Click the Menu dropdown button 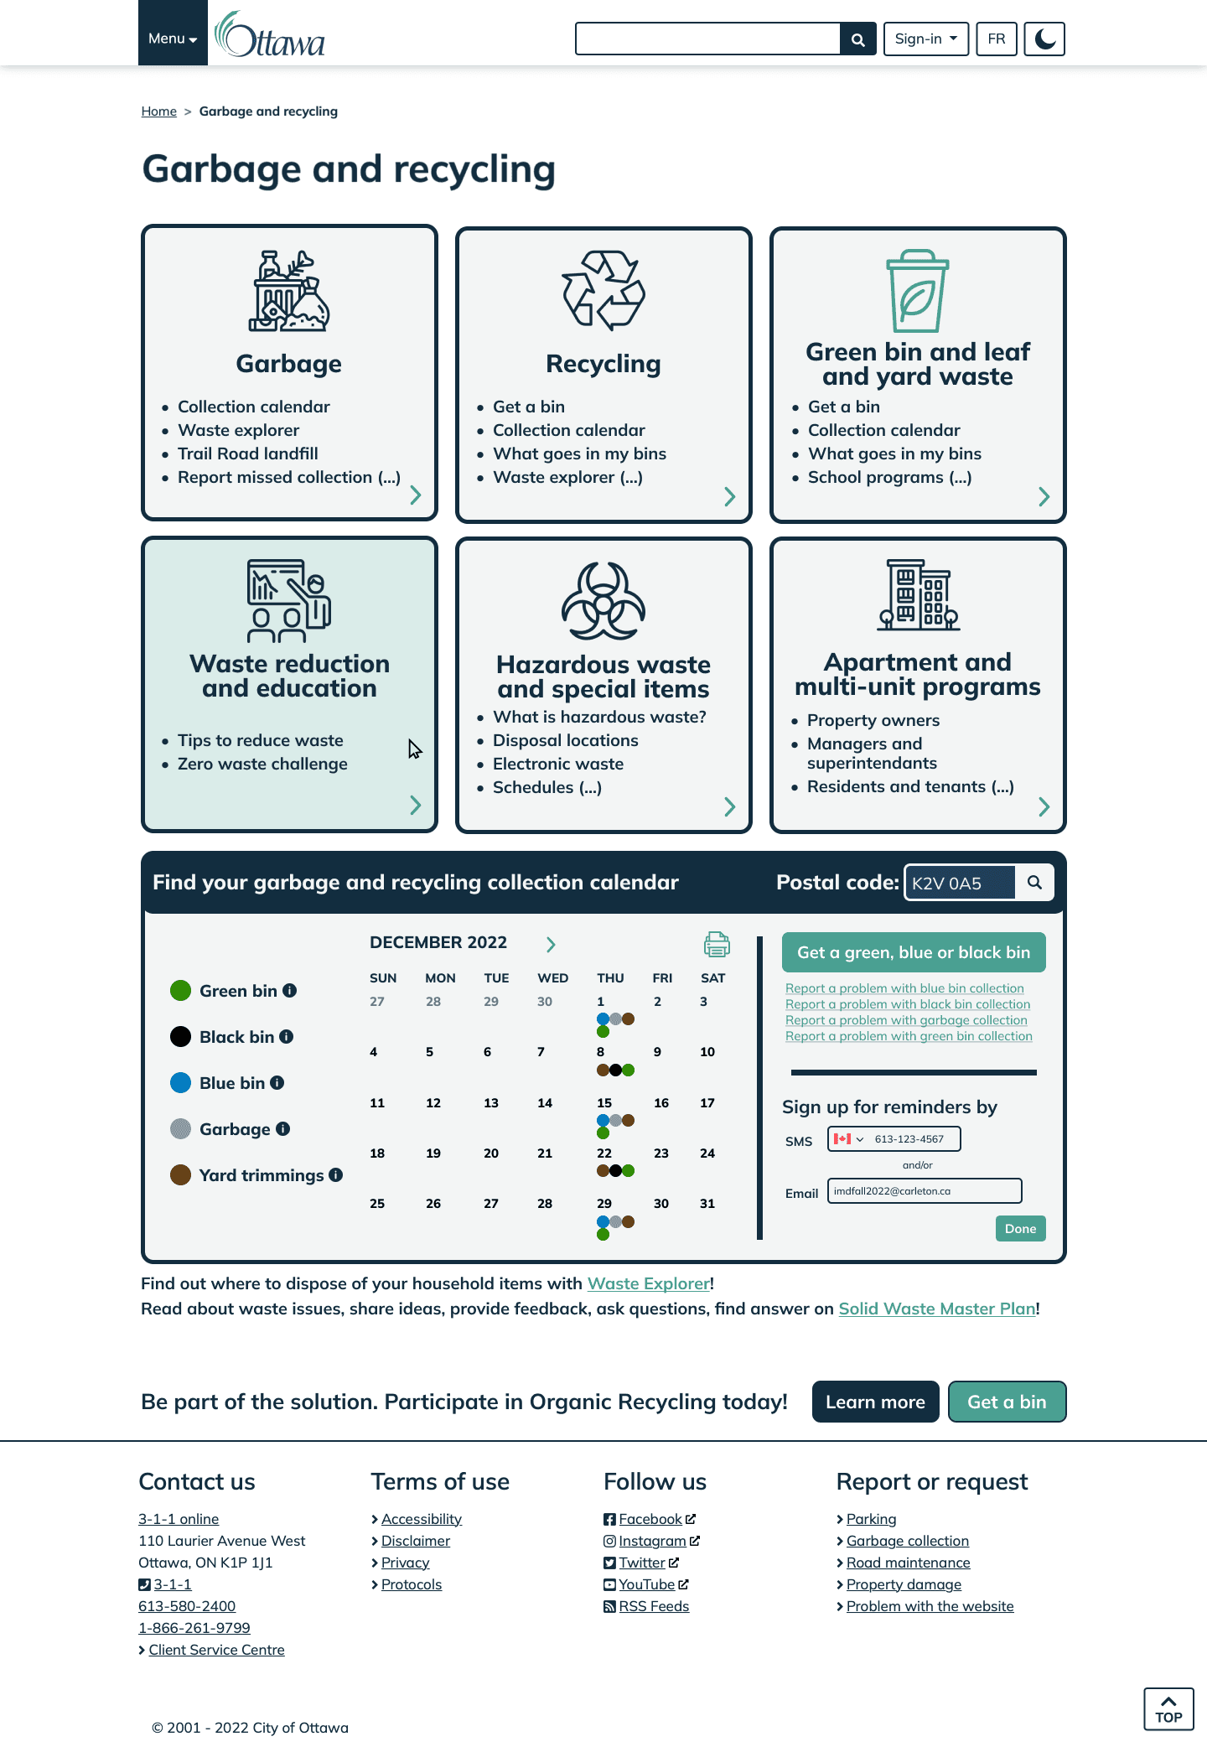point(173,39)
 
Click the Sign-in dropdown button point(925,39)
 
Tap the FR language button point(996,39)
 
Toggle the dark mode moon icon point(1044,39)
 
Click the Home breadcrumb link point(158,111)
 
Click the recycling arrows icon point(603,289)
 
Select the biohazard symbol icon point(603,601)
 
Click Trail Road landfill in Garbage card point(247,454)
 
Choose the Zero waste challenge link point(262,764)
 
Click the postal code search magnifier point(1034,883)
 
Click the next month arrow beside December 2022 point(551,945)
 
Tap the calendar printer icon point(717,944)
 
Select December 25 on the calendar point(377,1204)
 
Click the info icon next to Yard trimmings point(336,1175)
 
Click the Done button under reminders point(1020,1228)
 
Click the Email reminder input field point(924,1191)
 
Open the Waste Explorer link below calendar point(648,1283)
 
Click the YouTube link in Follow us point(646,1584)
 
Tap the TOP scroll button point(1168,1708)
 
